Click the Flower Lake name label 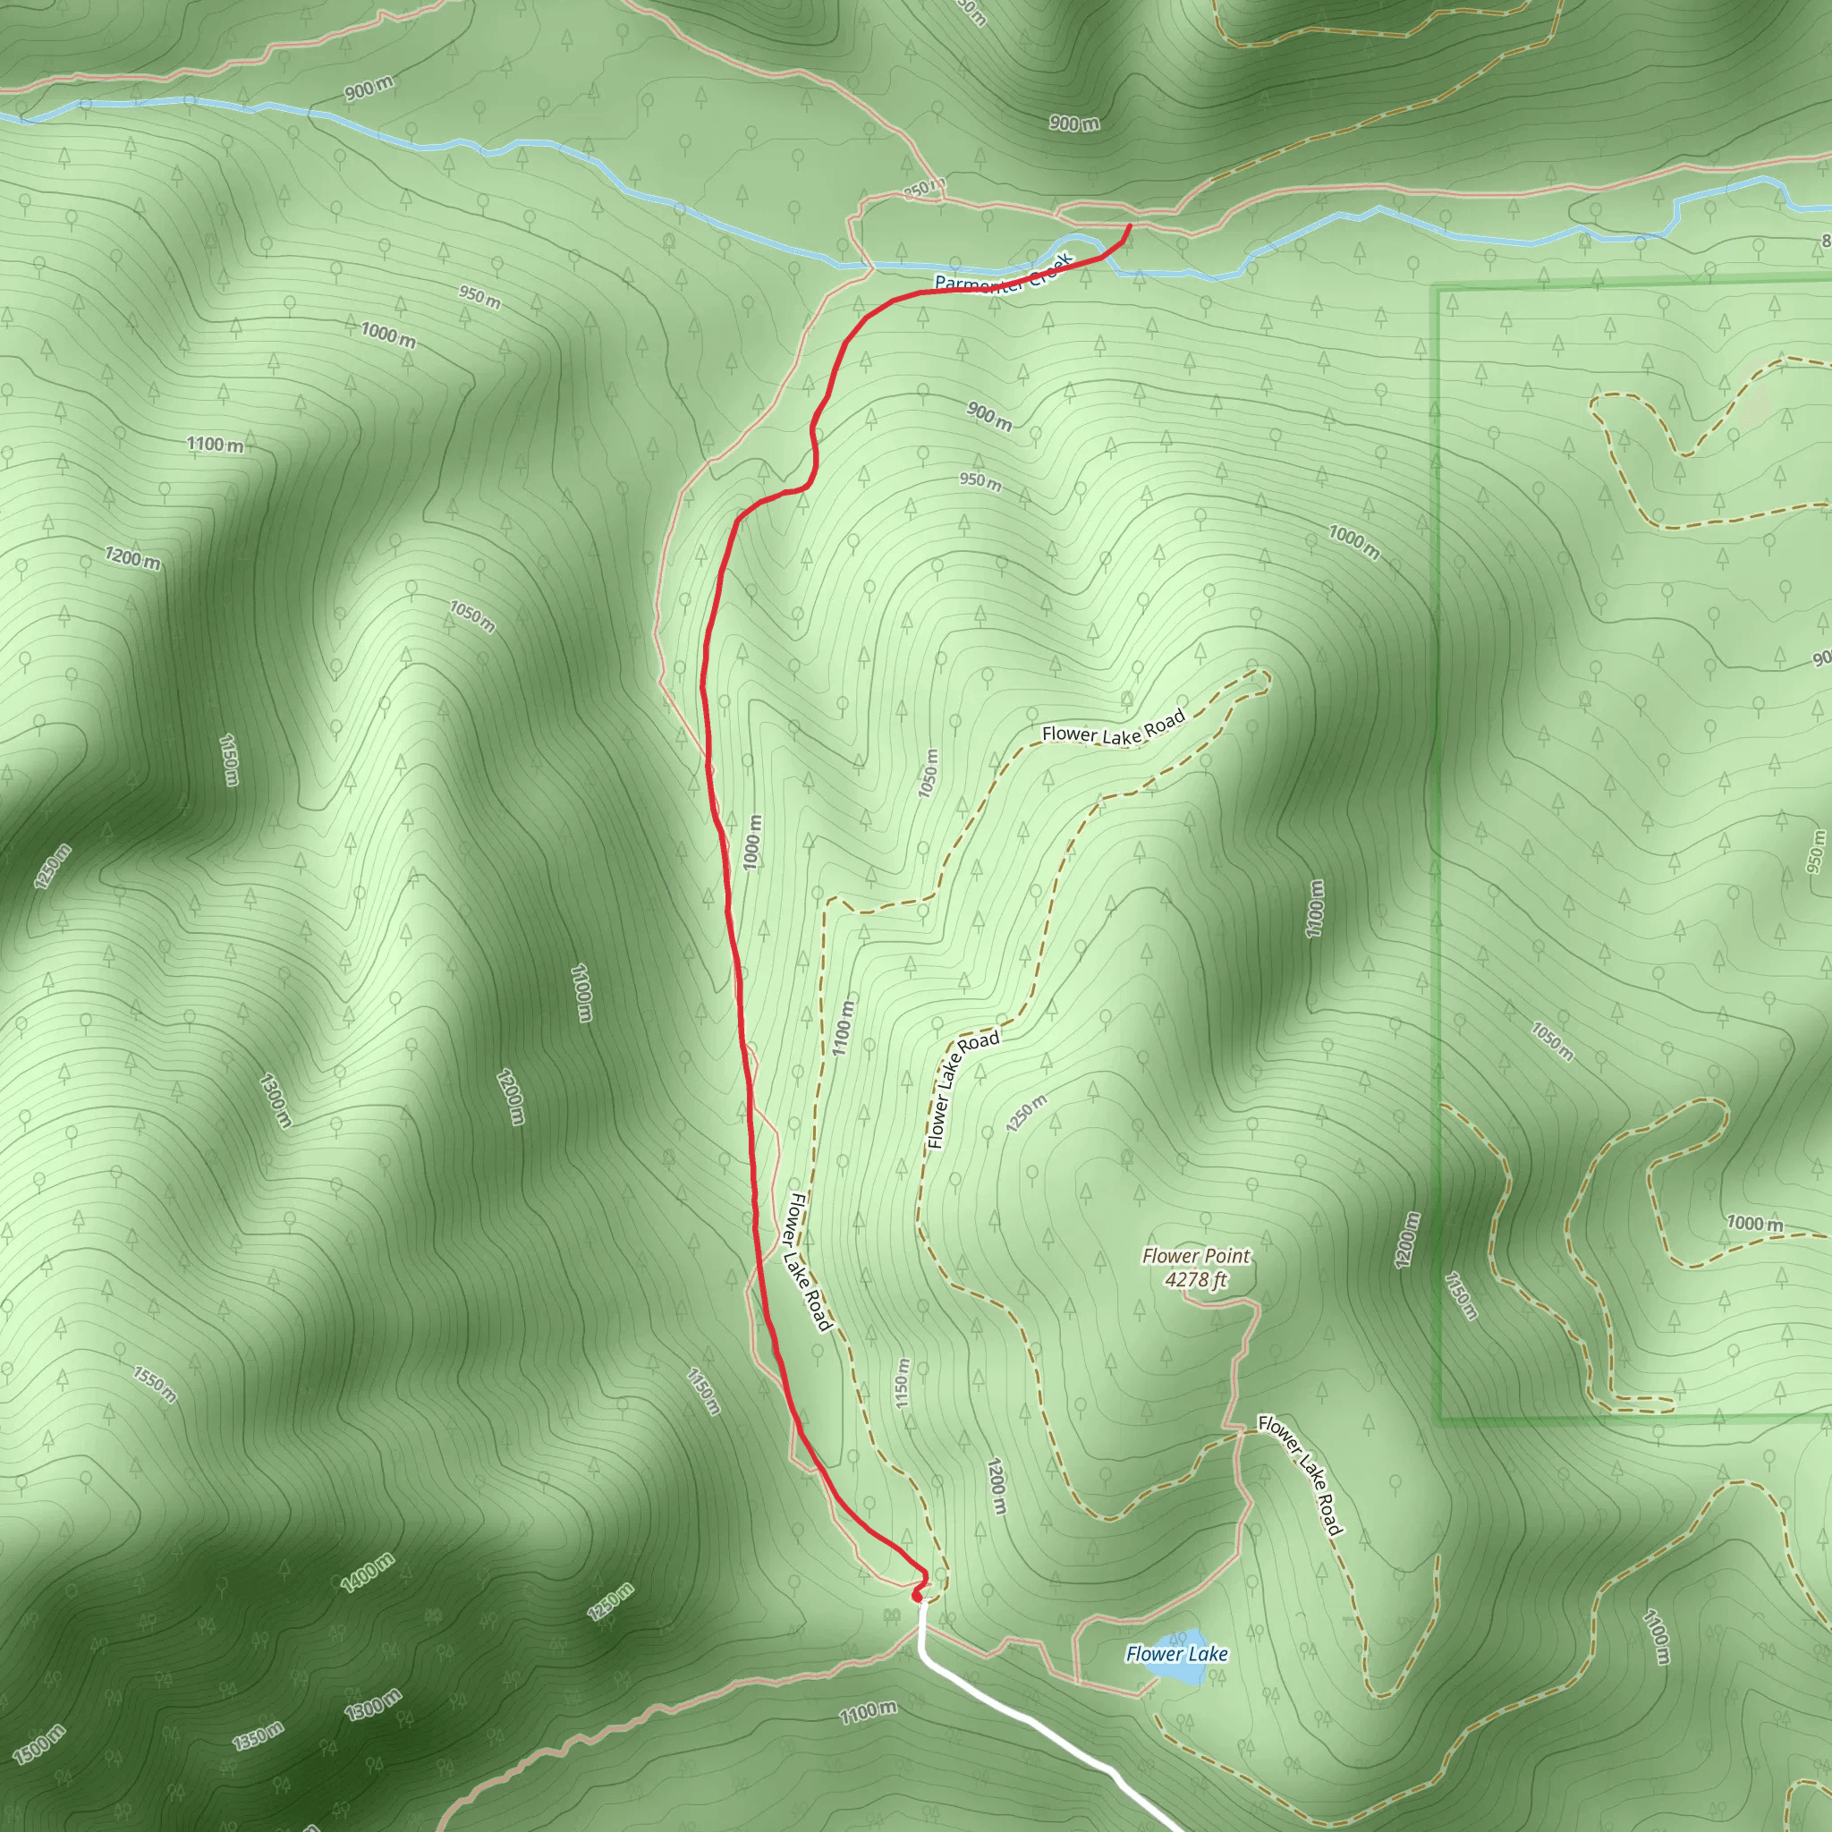[x=1177, y=1655]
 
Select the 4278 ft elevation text [x=1196, y=1280]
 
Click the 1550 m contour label [x=155, y=1386]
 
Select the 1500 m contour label [x=40, y=1744]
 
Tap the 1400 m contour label [x=367, y=1574]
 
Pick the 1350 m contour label [x=258, y=1735]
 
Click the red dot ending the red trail [x=917, y=1597]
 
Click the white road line [x=1024, y=1717]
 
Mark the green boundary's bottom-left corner [x=1439, y=1421]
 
